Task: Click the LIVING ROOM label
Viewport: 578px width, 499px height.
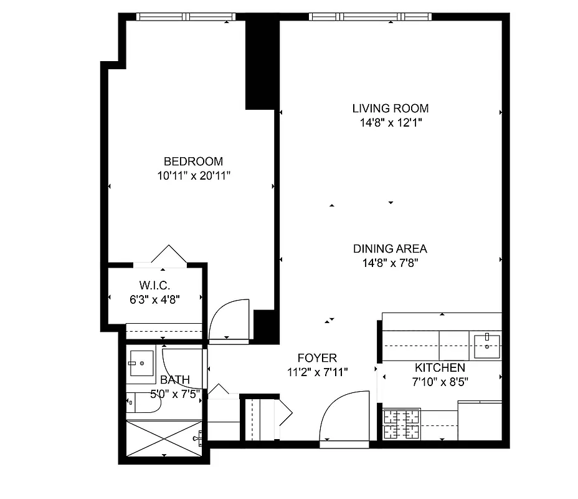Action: coord(390,108)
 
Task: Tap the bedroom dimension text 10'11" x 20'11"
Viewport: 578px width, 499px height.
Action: coord(194,176)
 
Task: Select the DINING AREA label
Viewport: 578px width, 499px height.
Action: coord(390,248)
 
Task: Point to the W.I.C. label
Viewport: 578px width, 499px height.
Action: coord(155,284)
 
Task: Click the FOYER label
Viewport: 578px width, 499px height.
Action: coord(317,358)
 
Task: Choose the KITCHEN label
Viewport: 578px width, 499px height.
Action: coord(440,367)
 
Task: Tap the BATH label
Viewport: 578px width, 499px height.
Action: coord(175,379)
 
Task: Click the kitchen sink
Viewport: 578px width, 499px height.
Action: coord(487,345)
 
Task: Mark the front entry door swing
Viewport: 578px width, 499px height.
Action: coord(344,417)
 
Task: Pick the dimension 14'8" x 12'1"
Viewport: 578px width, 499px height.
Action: coord(390,123)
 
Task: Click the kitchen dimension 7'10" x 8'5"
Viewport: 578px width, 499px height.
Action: coord(440,382)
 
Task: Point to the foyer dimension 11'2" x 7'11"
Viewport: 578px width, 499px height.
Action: coord(317,372)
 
